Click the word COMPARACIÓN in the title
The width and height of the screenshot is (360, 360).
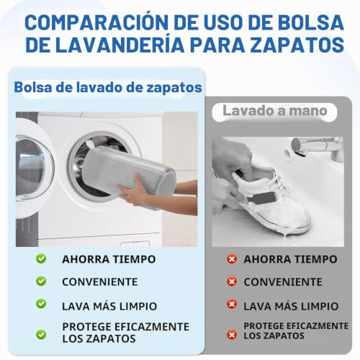[x=96, y=22]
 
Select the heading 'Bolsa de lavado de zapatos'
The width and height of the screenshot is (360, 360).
[x=108, y=88]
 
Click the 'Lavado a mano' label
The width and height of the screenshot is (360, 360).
[x=275, y=111]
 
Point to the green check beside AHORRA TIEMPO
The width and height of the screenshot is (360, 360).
[x=41, y=258]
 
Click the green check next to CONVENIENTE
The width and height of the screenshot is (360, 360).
[x=41, y=281]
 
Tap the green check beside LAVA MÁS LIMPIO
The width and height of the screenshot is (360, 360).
[x=41, y=304]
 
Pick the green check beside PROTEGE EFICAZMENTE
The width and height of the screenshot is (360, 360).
[x=41, y=334]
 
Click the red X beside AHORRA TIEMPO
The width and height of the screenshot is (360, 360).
[x=232, y=259]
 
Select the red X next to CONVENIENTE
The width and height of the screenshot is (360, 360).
[x=232, y=282]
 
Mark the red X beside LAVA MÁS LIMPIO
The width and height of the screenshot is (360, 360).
[x=232, y=305]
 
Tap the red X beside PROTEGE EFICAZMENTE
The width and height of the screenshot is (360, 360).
[x=232, y=335]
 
